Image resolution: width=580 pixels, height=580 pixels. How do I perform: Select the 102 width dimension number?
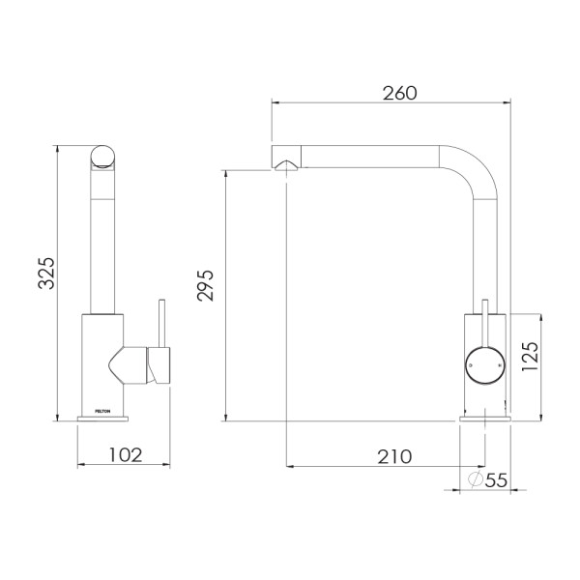[x=124, y=454]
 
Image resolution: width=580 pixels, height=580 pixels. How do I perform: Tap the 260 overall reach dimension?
[x=398, y=94]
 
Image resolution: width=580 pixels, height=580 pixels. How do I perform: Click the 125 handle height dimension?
[x=528, y=361]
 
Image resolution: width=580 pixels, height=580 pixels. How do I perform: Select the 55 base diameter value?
[x=496, y=478]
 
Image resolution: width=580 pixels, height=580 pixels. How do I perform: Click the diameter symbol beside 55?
[x=476, y=478]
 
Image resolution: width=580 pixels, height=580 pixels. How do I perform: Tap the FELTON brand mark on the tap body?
[x=103, y=411]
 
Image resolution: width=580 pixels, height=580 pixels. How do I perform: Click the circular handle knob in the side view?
[x=483, y=363]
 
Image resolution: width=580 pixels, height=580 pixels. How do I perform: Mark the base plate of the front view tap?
[x=101, y=420]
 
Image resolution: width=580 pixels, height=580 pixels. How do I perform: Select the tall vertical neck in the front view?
[x=102, y=242]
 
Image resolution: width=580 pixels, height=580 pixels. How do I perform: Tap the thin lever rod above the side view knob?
[x=483, y=321]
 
